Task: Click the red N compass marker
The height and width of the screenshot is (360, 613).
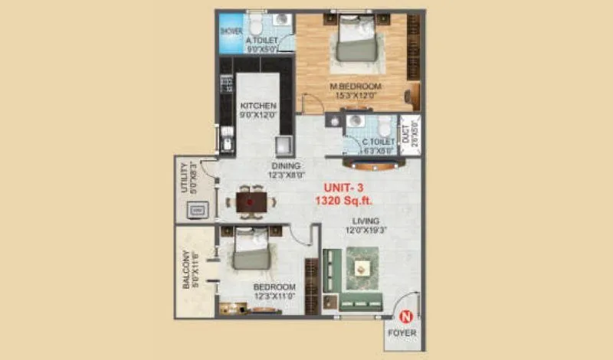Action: pos(407,314)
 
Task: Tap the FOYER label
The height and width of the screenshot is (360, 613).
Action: pos(402,333)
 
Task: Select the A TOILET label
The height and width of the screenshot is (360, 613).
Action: pos(261,40)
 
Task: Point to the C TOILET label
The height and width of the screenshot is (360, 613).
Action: pos(378,142)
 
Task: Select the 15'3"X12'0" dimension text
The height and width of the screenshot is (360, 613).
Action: pos(353,96)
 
